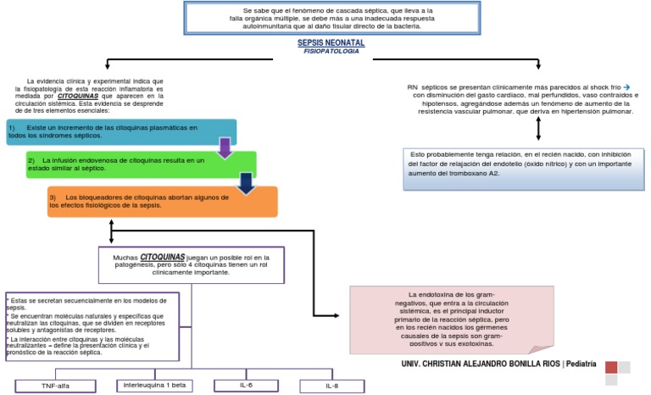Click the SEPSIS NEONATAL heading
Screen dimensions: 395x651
point(331,42)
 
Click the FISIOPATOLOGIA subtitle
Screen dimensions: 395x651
point(331,51)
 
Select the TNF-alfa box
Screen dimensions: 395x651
point(57,386)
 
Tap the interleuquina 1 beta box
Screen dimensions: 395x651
point(154,385)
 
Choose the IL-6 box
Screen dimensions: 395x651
point(244,385)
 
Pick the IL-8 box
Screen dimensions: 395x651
point(332,386)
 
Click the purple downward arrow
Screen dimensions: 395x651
point(225,148)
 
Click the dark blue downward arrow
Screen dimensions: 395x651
point(246,183)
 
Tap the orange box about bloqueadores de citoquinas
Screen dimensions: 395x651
point(161,201)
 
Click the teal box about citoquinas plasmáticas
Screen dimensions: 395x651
point(119,131)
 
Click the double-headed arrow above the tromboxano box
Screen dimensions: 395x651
point(538,128)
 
